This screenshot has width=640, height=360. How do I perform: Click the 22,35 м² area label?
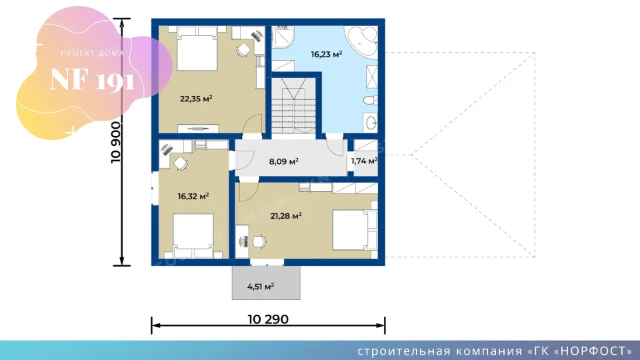tap(196, 99)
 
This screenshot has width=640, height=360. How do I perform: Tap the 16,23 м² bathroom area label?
tap(327, 54)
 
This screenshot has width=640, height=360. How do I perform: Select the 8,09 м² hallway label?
tap(284, 161)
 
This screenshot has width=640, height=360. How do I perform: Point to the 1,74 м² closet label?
tap(364, 161)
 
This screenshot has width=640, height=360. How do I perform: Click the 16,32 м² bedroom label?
tap(193, 196)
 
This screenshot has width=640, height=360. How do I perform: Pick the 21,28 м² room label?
tap(286, 215)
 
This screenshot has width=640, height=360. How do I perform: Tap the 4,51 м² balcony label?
tap(261, 287)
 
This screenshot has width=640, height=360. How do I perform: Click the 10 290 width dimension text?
tap(268, 319)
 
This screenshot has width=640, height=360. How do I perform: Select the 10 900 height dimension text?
tap(116, 142)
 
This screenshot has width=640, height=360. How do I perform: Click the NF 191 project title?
tap(92, 79)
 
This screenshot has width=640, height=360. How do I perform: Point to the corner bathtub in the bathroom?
tap(361, 42)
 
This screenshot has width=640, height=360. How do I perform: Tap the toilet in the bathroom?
tap(370, 100)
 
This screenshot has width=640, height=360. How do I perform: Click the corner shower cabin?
tap(283, 37)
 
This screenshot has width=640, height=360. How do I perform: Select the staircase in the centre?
tap(294, 105)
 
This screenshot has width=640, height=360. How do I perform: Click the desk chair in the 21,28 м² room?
tap(259, 241)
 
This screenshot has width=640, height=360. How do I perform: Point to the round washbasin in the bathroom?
tap(371, 123)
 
